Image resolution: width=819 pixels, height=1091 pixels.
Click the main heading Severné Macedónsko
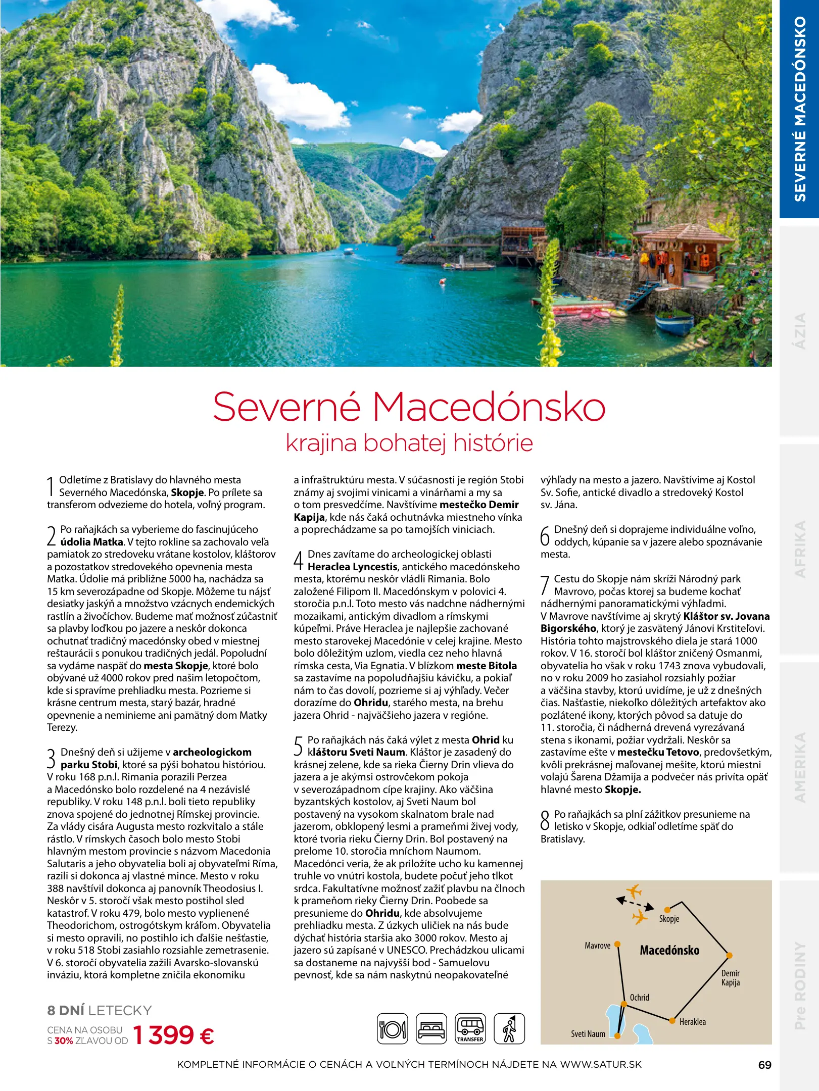click(x=409, y=407)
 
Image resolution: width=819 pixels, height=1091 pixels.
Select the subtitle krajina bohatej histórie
click(x=409, y=443)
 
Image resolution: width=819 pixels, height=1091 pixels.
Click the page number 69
click(x=764, y=1065)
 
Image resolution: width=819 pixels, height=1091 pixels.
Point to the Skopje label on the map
click(x=669, y=919)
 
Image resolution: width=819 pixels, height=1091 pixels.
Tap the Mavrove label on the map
click(x=597, y=946)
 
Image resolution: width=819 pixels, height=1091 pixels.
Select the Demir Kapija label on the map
click(x=731, y=978)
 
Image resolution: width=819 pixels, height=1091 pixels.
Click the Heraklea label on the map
click(x=693, y=1022)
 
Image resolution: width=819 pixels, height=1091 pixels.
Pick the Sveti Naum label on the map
click(x=588, y=1034)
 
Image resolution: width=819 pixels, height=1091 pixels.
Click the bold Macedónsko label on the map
click(x=669, y=950)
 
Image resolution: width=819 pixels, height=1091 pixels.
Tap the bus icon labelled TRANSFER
click(x=470, y=1028)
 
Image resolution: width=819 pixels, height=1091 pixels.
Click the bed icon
click(x=431, y=1028)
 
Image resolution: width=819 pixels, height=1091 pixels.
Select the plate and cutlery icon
click(x=393, y=1028)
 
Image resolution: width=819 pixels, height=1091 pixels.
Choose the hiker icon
click(x=509, y=1028)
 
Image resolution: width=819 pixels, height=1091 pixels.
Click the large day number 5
click(x=299, y=746)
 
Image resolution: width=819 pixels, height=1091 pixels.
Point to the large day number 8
click(x=545, y=820)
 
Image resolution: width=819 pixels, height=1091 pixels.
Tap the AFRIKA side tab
click(x=800, y=549)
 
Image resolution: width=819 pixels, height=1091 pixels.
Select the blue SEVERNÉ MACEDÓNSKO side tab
click(x=800, y=109)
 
